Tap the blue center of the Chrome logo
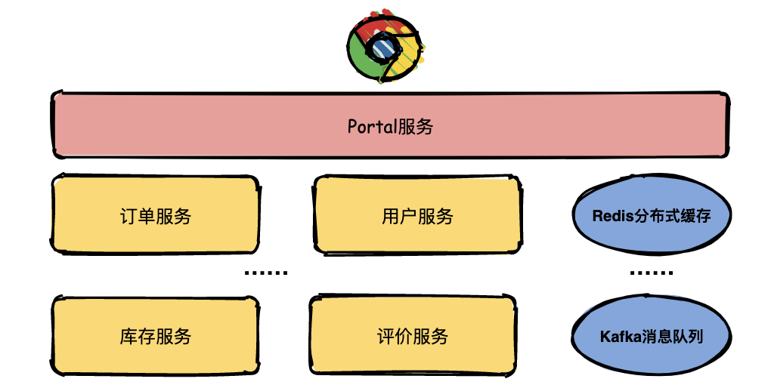[x=382, y=48]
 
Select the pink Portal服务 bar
[x=390, y=125]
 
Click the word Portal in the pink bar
[x=371, y=126]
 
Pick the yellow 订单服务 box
[x=155, y=214]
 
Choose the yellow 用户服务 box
[x=417, y=214]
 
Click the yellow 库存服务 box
[x=155, y=334]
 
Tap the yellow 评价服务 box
[x=413, y=334]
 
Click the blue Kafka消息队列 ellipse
[x=651, y=335]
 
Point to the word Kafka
[x=620, y=336]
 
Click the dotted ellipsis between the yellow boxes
[x=266, y=273]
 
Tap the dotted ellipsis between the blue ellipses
[x=651, y=273]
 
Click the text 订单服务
[x=155, y=217]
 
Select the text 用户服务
[x=417, y=217]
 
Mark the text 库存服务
[x=155, y=336]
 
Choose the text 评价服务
[x=413, y=336]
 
